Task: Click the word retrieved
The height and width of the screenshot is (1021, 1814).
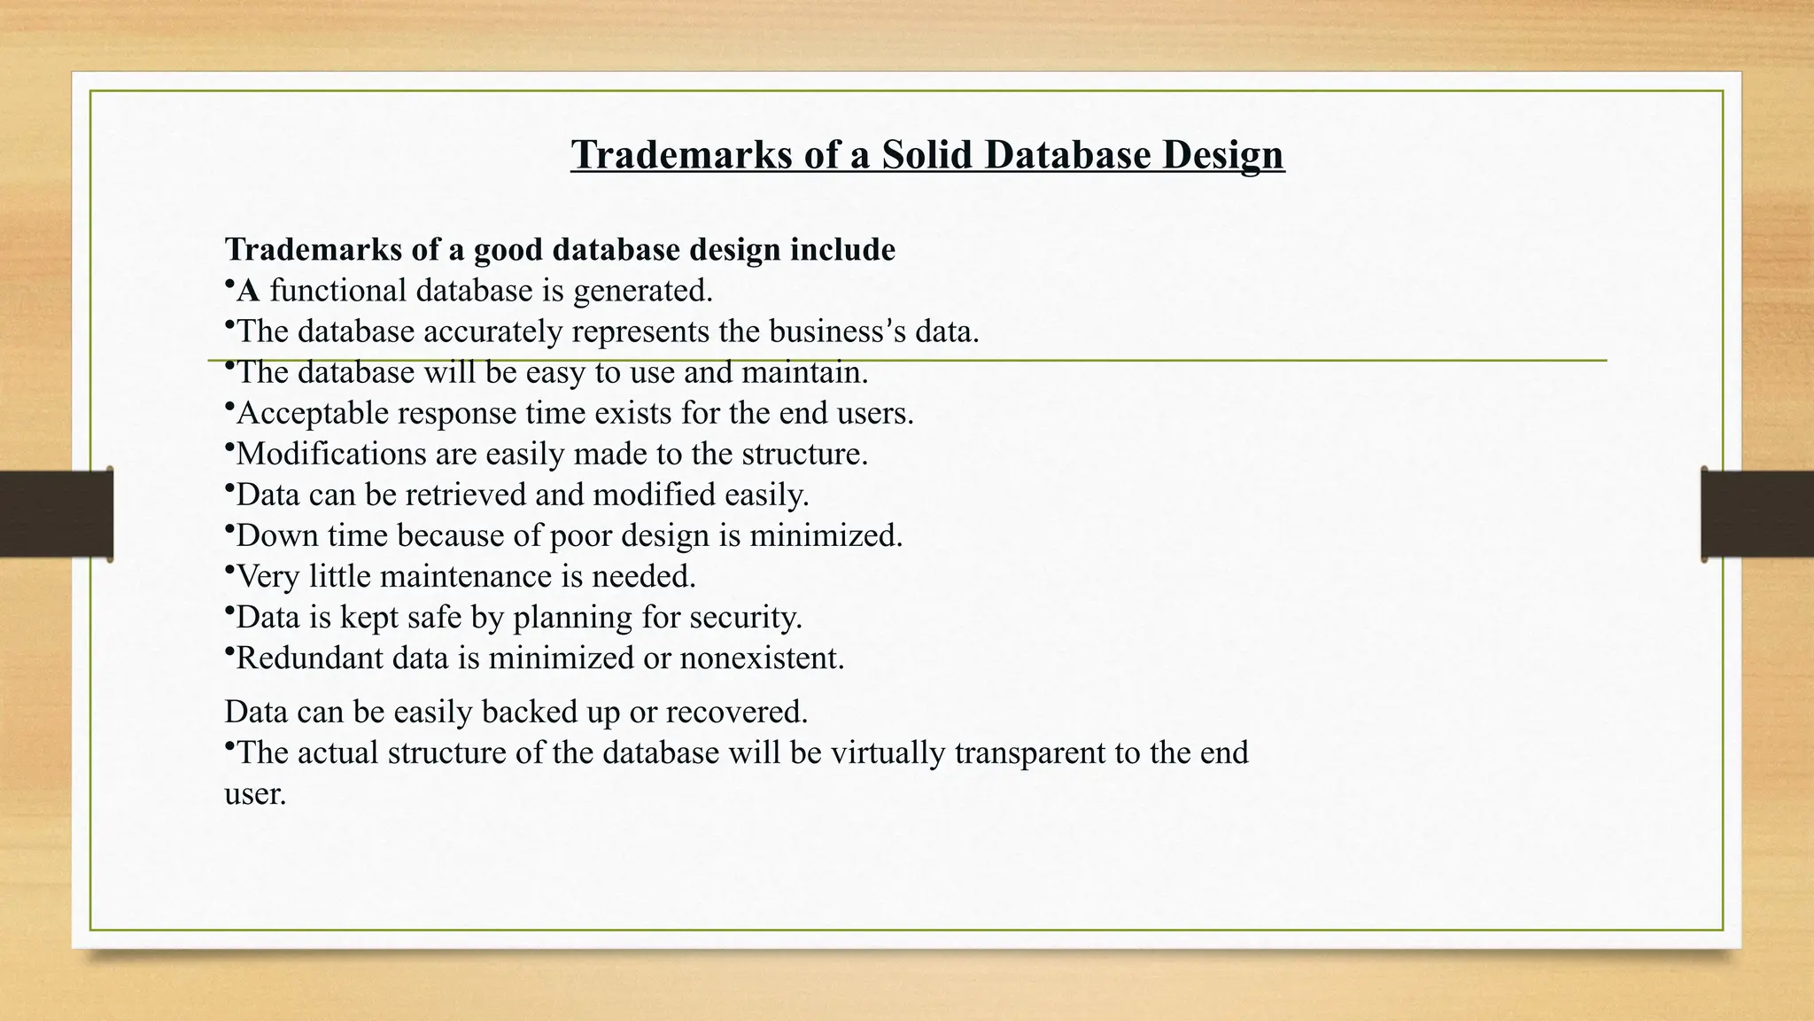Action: click(466, 495)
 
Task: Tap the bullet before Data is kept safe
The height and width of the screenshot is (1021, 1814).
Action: click(229, 611)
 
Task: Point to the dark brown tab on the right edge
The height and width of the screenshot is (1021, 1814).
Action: click(1757, 514)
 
